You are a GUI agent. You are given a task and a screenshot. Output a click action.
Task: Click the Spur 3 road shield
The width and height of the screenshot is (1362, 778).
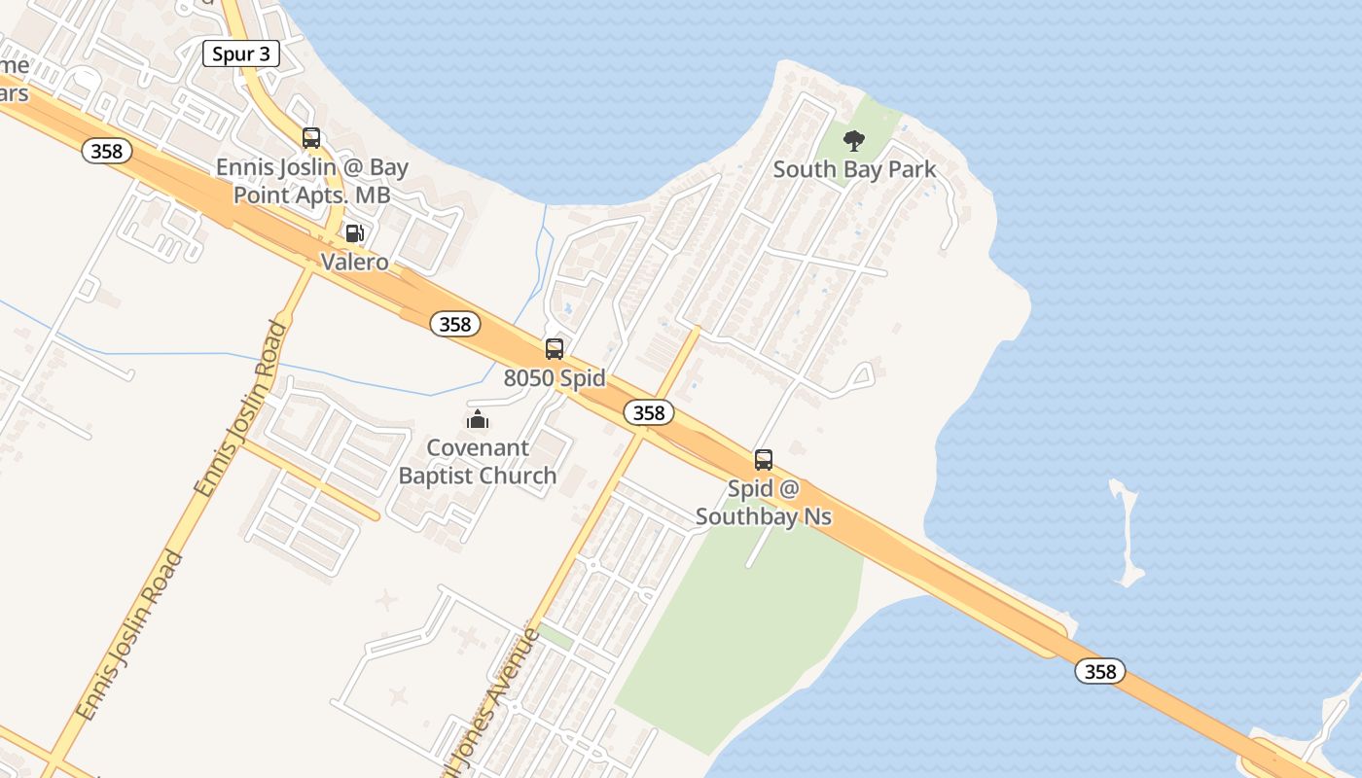coord(240,53)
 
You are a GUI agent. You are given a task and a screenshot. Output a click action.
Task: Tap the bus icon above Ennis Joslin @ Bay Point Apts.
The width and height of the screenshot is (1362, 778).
coord(311,138)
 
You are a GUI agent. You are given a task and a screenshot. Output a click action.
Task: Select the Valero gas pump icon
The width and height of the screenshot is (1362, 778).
coord(355,233)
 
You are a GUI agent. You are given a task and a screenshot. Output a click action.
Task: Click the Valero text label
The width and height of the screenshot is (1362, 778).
coord(355,262)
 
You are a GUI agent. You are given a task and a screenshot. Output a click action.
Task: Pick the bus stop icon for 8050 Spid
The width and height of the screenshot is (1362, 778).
coord(555,349)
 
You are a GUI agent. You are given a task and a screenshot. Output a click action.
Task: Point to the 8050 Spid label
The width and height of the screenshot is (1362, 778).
coord(555,378)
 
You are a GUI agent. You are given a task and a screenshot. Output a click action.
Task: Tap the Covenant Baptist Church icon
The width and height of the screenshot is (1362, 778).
coord(478,419)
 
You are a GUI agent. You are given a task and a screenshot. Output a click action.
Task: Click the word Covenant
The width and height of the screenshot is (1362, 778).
coord(478,448)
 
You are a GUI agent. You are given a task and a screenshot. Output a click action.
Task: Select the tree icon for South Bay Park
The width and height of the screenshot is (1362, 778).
coord(854,141)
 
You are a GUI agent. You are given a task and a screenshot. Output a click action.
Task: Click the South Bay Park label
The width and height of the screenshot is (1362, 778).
coord(854,169)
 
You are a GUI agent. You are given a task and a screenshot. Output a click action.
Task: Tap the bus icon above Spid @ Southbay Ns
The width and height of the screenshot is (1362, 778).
coord(764,460)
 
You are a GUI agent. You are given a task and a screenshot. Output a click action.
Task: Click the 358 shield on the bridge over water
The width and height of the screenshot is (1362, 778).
coord(1100,671)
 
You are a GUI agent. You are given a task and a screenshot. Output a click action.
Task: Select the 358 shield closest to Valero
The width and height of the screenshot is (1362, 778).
coord(454,325)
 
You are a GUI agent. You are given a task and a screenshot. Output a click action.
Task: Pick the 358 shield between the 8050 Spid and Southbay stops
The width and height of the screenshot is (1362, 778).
coord(648,412)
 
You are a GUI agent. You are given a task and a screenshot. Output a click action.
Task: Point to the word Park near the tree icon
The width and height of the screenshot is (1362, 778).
coord(912,169)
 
